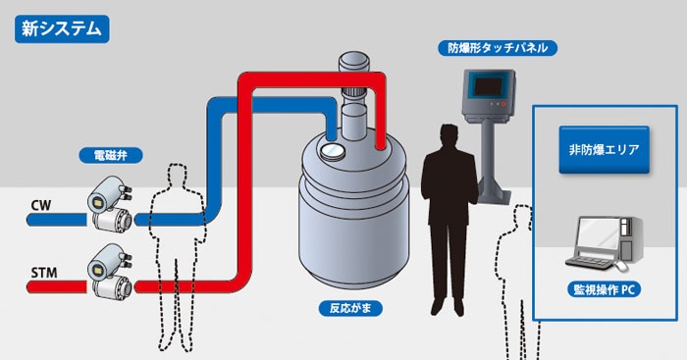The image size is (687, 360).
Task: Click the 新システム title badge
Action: point(62,28)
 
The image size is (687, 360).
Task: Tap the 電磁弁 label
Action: point(110,155)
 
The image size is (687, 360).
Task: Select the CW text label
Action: point(41,205)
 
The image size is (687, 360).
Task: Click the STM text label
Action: point(44,273)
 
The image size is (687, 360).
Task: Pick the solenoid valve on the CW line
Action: point(110,204)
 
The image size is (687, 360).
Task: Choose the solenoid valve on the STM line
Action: point(110,272)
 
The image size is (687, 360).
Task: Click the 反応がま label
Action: point(350,308)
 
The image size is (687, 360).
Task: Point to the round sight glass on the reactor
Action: point(333,151)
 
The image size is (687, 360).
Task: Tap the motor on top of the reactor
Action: point(353,62)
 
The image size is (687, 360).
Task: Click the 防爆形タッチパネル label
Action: point(498,48)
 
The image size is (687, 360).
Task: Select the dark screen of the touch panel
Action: point(488,86)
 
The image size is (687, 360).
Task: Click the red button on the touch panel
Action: point(503,104)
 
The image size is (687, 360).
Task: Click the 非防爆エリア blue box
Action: point(604,150)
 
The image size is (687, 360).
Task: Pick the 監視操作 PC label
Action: point(604,289)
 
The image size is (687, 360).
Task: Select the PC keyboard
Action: point(589,263)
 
